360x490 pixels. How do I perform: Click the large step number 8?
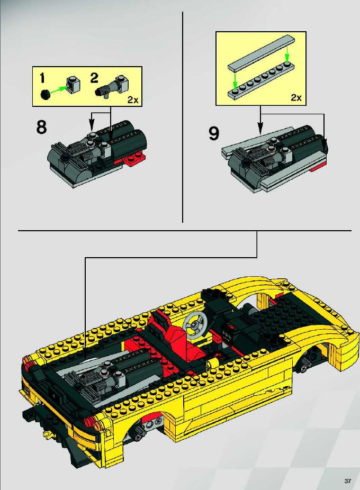41,127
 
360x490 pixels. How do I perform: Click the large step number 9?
214,133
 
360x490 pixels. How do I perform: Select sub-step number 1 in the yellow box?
42,78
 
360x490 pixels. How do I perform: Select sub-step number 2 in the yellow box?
94,78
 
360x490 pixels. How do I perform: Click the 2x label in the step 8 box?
132,100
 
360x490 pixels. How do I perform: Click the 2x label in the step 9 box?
296,97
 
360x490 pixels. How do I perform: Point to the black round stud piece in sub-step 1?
46,94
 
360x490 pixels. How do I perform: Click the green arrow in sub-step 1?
58,89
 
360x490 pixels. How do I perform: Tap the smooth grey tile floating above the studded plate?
262,52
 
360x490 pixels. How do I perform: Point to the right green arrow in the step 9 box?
287,56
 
